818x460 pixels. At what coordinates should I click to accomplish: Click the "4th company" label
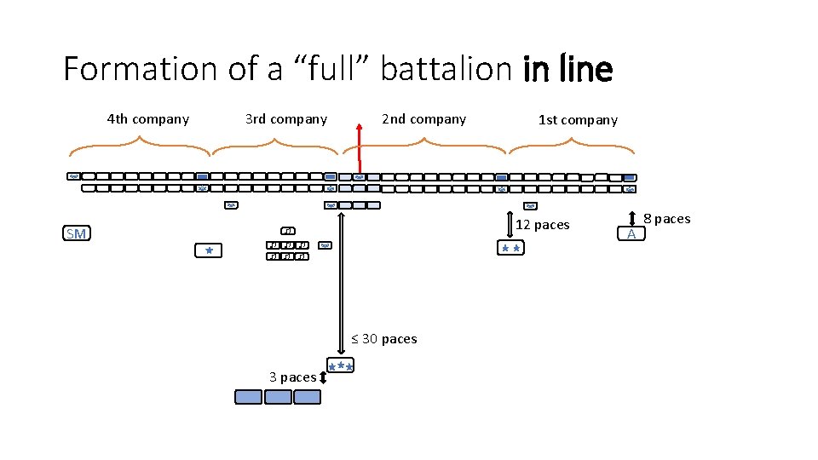pos(148,119)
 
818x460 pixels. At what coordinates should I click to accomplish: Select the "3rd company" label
pos(286,119)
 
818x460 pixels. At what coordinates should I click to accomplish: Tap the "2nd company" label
pos(423,119)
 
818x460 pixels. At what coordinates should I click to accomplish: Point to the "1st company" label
pos(578,120)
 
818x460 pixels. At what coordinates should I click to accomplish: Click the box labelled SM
pos(76,234)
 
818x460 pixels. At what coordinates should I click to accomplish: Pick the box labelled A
pos(631,234)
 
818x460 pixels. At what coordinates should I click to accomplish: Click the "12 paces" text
pos(542,225)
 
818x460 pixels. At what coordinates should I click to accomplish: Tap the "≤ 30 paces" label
pos(384,339)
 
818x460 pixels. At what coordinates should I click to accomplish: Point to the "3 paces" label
pos(292,377)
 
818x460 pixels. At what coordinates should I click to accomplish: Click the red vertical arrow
pos(359,147)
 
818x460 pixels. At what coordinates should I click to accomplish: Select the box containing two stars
pos(511,248)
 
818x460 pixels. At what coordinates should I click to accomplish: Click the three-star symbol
pos(341,366)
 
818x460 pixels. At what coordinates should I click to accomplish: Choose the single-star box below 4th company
pos(208,250)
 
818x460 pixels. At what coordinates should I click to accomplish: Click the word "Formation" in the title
pos(141,69)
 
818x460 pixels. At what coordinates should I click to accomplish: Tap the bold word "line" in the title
pos(586,69)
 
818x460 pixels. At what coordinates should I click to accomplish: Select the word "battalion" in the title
pos(445,69)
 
